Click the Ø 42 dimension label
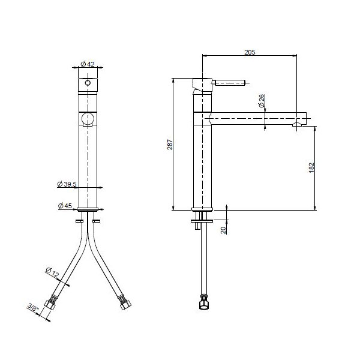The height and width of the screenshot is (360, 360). point(88,64)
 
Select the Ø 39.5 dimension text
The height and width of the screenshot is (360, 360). point(67,184)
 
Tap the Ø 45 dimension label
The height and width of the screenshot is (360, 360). point(65,206)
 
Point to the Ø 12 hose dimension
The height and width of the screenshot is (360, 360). point(52,272)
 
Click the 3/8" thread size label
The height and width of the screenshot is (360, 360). point(32,307)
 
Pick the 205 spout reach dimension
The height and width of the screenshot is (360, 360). point(250,52)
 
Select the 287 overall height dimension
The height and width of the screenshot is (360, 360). point(170,145)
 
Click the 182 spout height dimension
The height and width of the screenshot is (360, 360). point(311,167)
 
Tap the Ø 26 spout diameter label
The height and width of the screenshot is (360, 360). point(261,101)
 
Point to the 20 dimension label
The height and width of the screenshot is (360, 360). point(223,230)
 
